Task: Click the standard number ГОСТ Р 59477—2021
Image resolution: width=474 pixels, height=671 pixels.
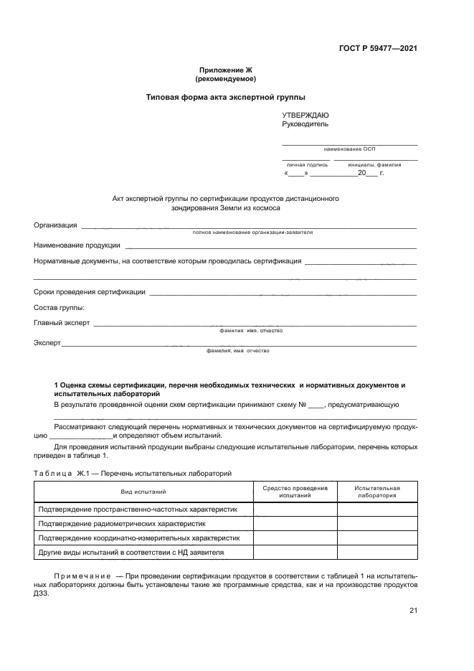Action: (x=378, y=49)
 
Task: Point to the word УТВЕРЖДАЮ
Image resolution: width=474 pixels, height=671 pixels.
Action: (x=306, y=115)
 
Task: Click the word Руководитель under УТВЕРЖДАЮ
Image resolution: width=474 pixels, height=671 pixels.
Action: (x=305, y=123)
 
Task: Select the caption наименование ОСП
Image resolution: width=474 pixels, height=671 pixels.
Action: (x=349, y=149)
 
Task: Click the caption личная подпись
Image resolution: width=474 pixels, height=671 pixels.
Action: (x=307, y=164)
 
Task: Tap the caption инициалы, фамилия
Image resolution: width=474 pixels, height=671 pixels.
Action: (x=375, y=164)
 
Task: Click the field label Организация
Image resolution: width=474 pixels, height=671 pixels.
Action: (x=55, y=225)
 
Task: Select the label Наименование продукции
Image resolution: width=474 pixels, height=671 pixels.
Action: (x=77, y=245)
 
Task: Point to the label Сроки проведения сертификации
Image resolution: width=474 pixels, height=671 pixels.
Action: (x=90, y=291)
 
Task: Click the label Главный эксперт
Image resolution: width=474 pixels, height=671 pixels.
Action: (x=62, y=323)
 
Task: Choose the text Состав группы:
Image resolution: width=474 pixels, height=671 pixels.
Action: (x=60, y=307)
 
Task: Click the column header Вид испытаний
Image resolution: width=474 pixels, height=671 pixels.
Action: (x=143, y=492)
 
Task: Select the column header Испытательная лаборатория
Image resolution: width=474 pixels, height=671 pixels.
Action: (x=377, y=492)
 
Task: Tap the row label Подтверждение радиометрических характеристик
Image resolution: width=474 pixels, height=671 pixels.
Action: (x=121, y=523)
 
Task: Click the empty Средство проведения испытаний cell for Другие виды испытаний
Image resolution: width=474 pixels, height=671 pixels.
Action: (x=295, y=553)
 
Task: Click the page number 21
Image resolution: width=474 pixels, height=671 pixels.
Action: (x=413, y=611)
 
